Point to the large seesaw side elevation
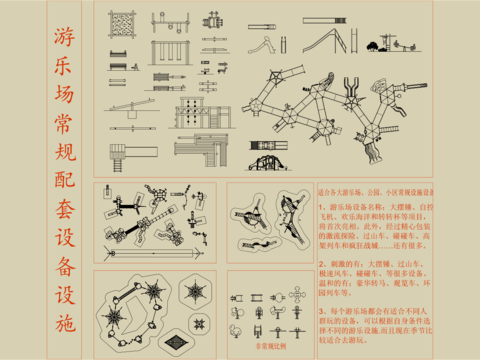tap(127, 106)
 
